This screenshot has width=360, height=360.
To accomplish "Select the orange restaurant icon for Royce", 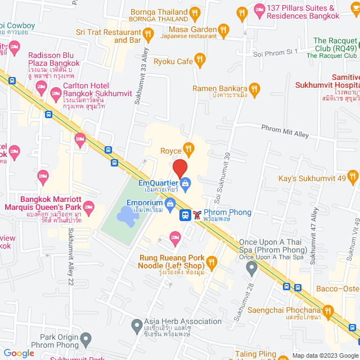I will tap(189, 150).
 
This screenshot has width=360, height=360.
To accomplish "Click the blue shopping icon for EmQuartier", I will tap(185, 182).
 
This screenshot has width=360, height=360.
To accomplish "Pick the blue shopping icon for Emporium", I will tap(170, 203).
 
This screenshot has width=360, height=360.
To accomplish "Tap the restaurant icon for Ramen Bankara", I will tap(254, 88).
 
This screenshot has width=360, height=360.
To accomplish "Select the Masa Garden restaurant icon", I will tap(223, 29).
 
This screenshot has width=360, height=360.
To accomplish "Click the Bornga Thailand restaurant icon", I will tap(195, 12).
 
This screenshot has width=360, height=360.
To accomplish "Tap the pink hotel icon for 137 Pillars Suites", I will tap(259, 8).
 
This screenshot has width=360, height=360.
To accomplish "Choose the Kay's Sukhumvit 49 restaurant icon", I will tap(353, 178).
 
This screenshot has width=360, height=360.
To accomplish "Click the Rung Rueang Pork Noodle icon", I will tap(211, 262).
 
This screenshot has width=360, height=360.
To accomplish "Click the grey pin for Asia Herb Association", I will tap(136, 325).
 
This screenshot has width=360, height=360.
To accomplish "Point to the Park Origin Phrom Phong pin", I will tap(85, 339).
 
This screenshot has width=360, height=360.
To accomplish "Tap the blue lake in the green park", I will tap(125, 214).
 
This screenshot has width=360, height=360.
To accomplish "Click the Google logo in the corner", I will tap(19, 353).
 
